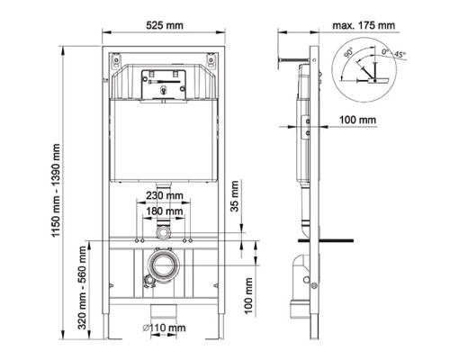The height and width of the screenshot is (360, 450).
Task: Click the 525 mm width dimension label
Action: (165, 25)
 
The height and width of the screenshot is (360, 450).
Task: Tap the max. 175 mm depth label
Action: (364, 25)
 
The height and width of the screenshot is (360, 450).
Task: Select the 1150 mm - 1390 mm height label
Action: (56, 191)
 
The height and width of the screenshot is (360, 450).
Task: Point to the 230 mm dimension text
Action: (165, 195)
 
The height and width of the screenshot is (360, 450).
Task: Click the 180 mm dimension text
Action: (165, 211)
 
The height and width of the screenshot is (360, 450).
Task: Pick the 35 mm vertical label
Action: (235, 196)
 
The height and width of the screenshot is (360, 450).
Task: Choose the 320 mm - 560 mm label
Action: (82, 288)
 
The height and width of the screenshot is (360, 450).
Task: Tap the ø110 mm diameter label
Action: (164, 328)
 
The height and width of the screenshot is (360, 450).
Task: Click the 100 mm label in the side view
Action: (357, 120)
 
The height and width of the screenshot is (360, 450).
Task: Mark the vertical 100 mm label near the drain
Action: (248, 296)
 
